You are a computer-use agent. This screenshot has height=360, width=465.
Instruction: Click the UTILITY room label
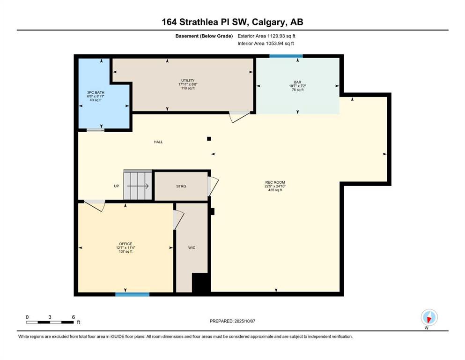[x=188, y=81]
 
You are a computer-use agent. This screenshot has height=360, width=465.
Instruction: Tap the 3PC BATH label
[x=96, y=93]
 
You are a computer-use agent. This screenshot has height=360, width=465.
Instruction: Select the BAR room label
[x=298, y=82]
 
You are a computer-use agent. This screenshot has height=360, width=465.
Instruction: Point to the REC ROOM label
[x=275, y=182]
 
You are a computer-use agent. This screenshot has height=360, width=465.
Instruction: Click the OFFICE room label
[x=125, y=244]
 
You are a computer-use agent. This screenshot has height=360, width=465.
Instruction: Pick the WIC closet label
[x=192, y=248]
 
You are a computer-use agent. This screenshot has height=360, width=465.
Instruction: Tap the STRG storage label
[x=181, y=186]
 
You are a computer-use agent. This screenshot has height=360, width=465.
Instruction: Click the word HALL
[x=158, y=142]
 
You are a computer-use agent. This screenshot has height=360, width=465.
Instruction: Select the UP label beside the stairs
[x=117, y=186]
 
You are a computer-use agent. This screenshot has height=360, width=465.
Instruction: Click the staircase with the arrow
[x=138, y=185]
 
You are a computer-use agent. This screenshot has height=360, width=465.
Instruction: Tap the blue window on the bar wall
[x=286, y=56]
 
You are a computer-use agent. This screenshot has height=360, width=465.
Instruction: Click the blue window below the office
[x=132, y=294]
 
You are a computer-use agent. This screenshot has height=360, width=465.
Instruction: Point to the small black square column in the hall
[x=209, y=139]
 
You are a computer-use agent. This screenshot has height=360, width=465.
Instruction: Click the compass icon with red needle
[x=429, y=317]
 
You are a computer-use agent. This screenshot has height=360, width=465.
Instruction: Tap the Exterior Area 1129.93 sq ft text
[x=266, y=36]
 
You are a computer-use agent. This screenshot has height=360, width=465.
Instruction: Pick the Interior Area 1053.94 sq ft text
[x=266, y=43]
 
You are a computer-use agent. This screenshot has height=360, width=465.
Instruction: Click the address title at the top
[x=232, y=22]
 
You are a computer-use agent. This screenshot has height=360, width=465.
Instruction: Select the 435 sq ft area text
[x=275, y=190]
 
